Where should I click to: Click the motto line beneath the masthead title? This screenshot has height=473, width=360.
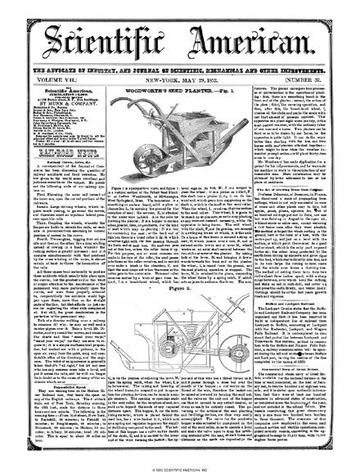[x=180, y=47]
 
